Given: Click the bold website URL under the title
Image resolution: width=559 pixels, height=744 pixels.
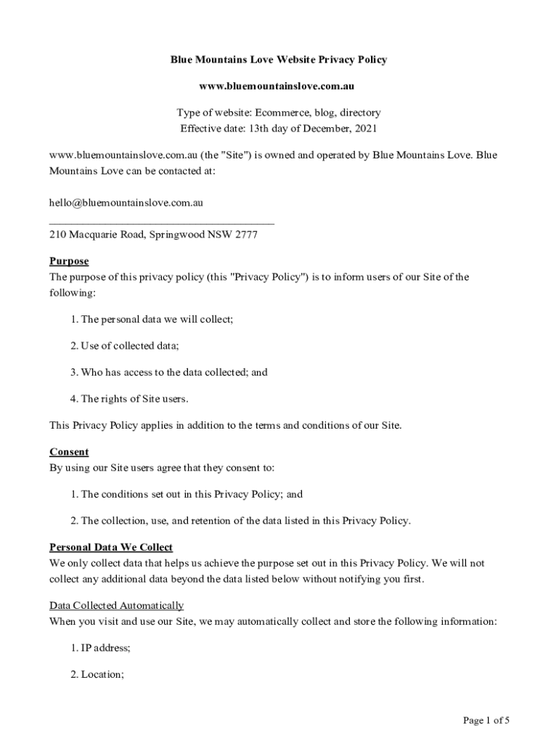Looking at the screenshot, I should pyautogui.click(x=277, y=86).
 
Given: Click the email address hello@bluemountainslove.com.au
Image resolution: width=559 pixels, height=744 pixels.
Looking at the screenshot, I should pyautogui.click(x=126, y=203).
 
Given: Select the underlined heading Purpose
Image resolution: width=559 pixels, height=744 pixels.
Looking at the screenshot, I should pyautogui.click(x=69, y=261).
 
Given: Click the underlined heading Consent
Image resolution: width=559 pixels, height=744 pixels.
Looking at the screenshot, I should pyautogui.click(x=69, y=452).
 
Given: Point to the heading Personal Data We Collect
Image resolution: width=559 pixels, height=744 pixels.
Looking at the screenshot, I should pyautogui.click(x=111, y=547).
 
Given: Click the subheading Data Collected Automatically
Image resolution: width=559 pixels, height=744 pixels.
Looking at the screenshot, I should pyautogui.click(x=116, y=605).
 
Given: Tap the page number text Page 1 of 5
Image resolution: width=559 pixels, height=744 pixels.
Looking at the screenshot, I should pyautogui.click(x=486, y=721).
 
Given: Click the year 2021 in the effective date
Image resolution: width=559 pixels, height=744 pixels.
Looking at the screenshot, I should pyautogui.click(x=366, y=129).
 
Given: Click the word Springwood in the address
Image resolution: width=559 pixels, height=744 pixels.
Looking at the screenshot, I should pyautogui.click(x=177, y=235).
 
